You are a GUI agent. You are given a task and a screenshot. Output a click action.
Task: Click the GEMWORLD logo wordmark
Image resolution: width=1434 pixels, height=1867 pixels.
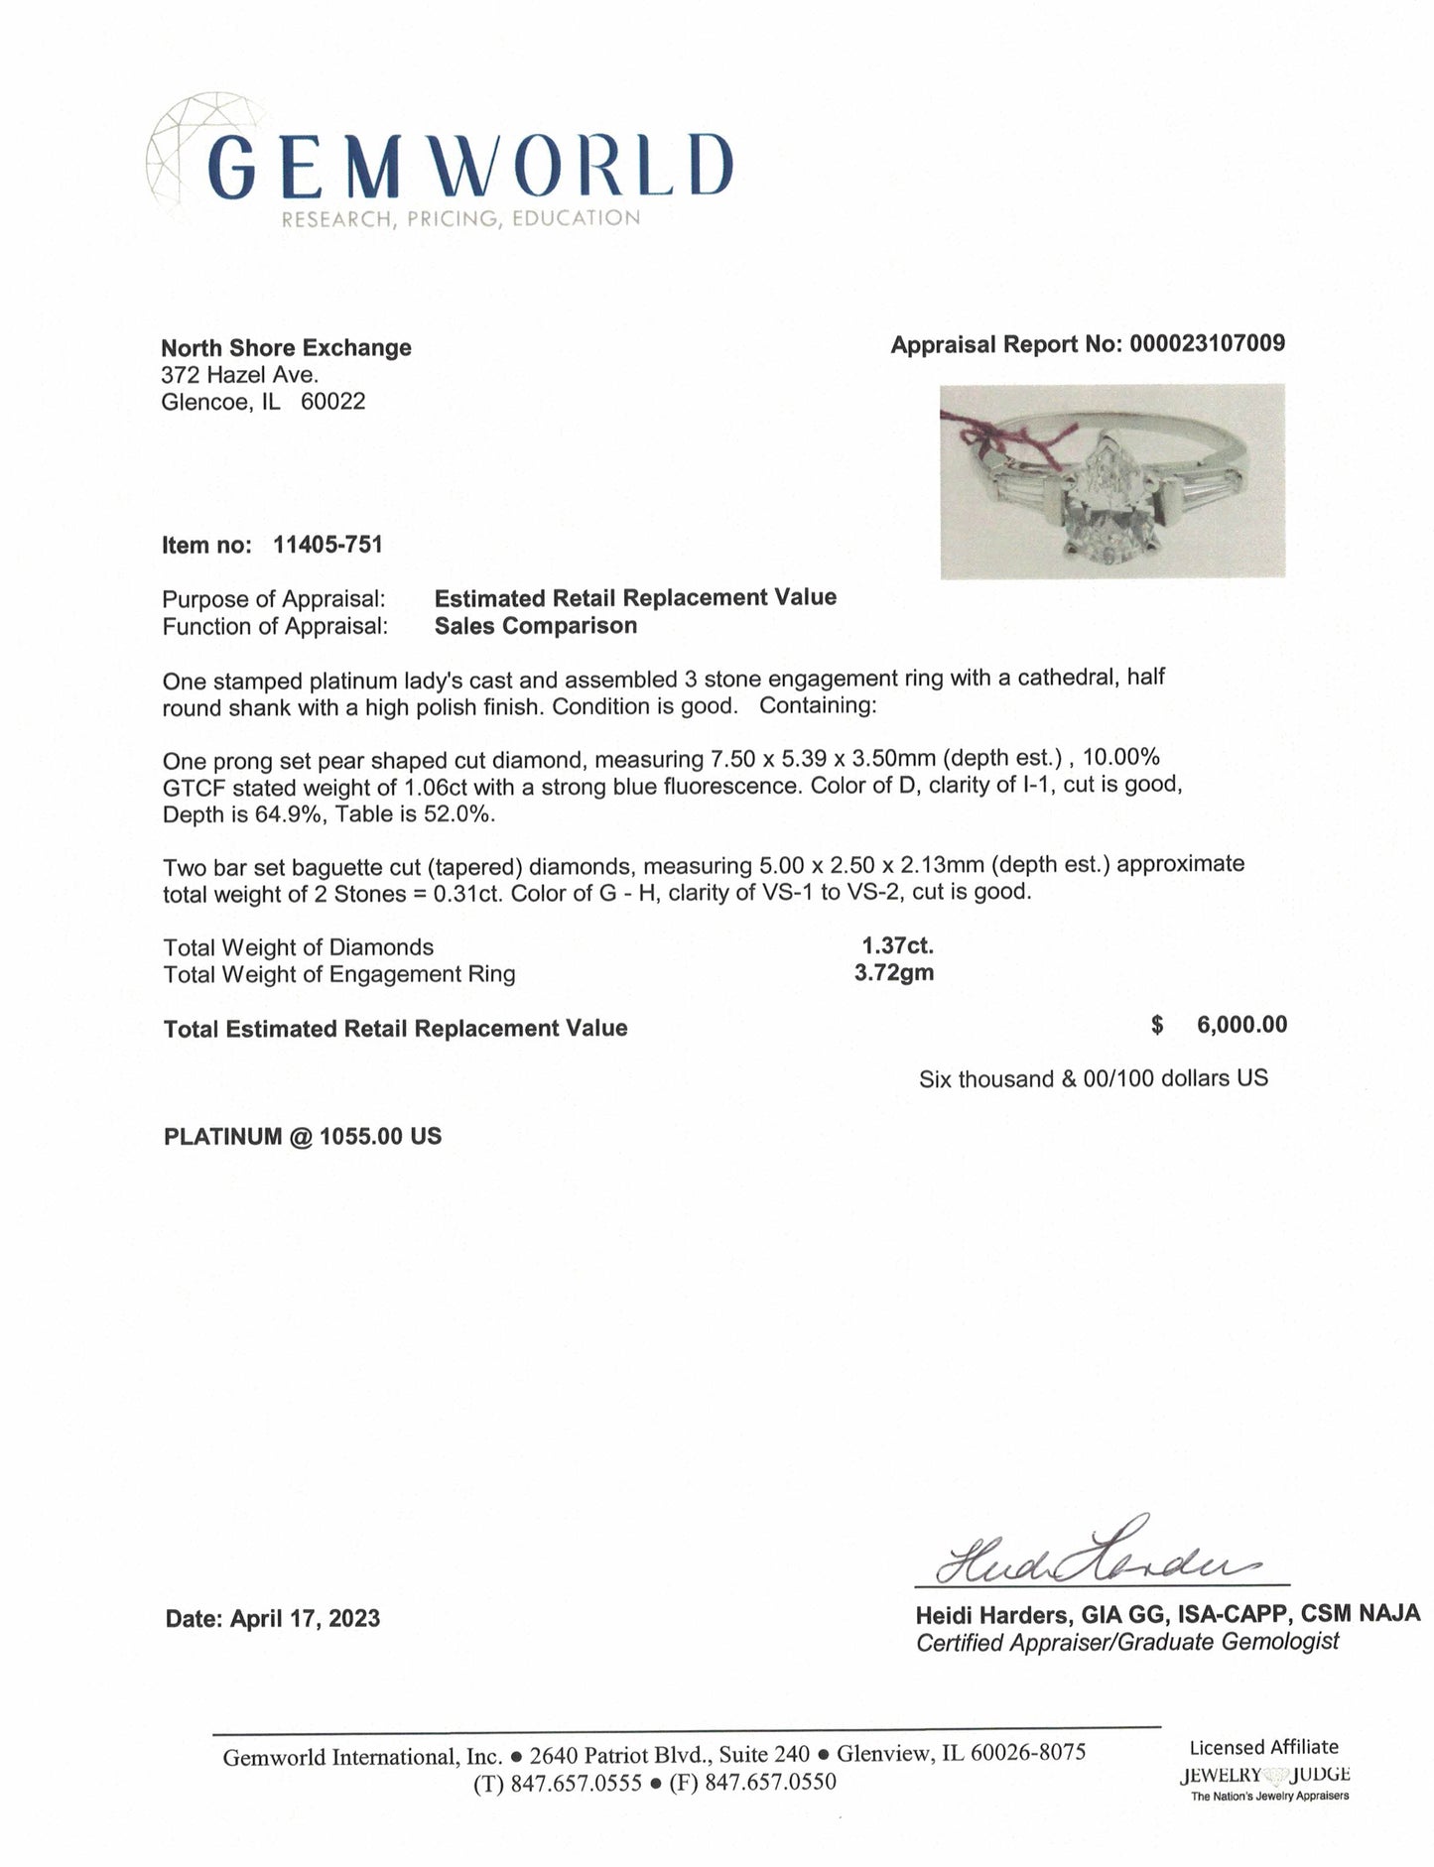point(473,164)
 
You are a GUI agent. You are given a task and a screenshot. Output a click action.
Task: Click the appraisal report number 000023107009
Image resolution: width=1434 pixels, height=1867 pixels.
point(1205,344)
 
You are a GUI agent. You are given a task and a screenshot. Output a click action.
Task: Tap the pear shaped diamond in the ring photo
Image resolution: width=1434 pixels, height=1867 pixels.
point(1106,502)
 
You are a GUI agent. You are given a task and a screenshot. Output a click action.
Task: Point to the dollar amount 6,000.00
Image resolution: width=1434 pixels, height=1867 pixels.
point(1241,1025)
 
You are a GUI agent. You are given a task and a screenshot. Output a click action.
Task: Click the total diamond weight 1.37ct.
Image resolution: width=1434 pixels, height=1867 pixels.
point(897,946)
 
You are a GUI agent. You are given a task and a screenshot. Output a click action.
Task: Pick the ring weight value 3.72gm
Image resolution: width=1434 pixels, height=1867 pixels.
point(894,973)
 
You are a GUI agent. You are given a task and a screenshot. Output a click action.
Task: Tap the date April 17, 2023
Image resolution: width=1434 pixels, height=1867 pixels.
point(306,1619)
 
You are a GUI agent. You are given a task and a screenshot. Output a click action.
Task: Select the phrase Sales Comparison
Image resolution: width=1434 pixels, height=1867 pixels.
point(536,626)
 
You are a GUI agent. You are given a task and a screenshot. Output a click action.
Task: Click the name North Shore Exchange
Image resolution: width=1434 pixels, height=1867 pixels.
point(286,347)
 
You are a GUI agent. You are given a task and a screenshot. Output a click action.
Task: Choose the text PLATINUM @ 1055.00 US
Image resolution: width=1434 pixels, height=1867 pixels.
point(303,1137)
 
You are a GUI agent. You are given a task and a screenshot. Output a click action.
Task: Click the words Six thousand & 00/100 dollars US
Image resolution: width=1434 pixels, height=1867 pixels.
point(1093,1078)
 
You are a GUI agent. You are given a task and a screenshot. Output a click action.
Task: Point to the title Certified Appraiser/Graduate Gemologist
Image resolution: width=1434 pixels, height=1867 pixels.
point(1127,1642)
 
